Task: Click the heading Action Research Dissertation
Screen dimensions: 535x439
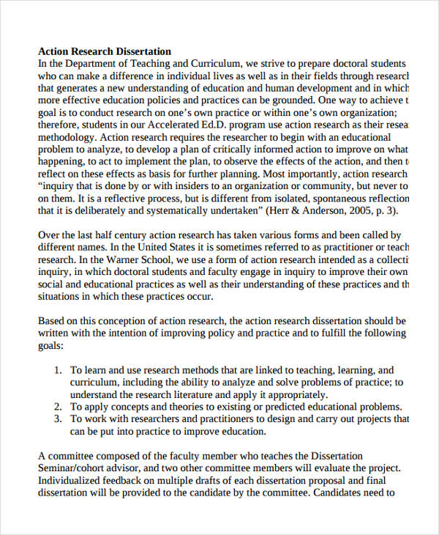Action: [104, 51]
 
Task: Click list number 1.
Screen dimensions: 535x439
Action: [59, 371]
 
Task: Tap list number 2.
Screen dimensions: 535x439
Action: [59, 407]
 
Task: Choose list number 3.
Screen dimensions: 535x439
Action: [59, 420]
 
